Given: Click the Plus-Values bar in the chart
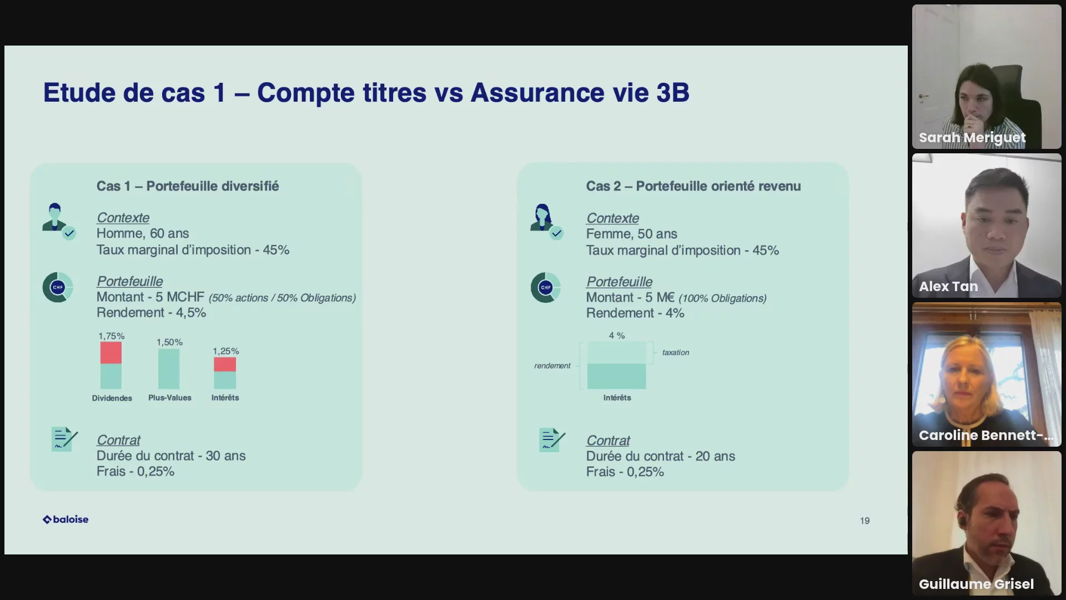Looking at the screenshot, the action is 169,369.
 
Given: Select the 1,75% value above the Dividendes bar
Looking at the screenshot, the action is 112,336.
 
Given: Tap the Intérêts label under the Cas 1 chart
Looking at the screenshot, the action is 225,398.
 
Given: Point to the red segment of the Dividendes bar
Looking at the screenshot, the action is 111,353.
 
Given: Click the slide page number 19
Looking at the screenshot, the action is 864,521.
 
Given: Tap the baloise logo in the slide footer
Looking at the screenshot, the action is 66,519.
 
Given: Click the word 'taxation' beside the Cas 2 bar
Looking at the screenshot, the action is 676,352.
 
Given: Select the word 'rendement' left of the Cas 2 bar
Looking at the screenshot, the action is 552,366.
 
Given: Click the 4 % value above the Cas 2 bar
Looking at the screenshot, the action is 617,336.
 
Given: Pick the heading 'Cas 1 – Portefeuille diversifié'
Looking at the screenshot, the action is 188,186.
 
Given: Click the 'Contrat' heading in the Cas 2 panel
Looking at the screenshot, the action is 608,441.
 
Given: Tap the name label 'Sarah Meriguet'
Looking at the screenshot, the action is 972,138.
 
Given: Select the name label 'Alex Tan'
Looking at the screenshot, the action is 948,287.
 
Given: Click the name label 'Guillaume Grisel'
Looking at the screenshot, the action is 976,584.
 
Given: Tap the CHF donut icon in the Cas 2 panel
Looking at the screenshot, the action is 545,287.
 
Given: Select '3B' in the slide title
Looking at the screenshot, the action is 673,93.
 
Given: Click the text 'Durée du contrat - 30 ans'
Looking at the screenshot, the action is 171,456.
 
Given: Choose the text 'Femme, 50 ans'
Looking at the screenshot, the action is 632,234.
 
